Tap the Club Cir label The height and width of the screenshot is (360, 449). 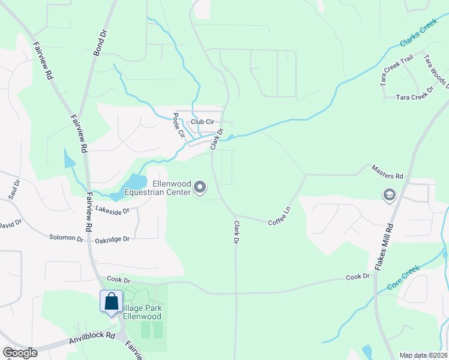[x=202, y=122]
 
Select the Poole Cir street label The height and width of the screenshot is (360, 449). [x=178, y=125]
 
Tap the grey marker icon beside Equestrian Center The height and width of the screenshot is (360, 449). [x=201, y=188]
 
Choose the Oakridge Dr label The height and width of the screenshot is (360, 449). [x=112, y=240]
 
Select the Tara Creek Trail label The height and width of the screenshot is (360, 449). [x=397, y=71]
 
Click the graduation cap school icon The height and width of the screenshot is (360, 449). [x=389, y=195]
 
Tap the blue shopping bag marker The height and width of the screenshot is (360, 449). [x=112, y=301]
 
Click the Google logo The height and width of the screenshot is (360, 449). [x=20, y=353]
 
